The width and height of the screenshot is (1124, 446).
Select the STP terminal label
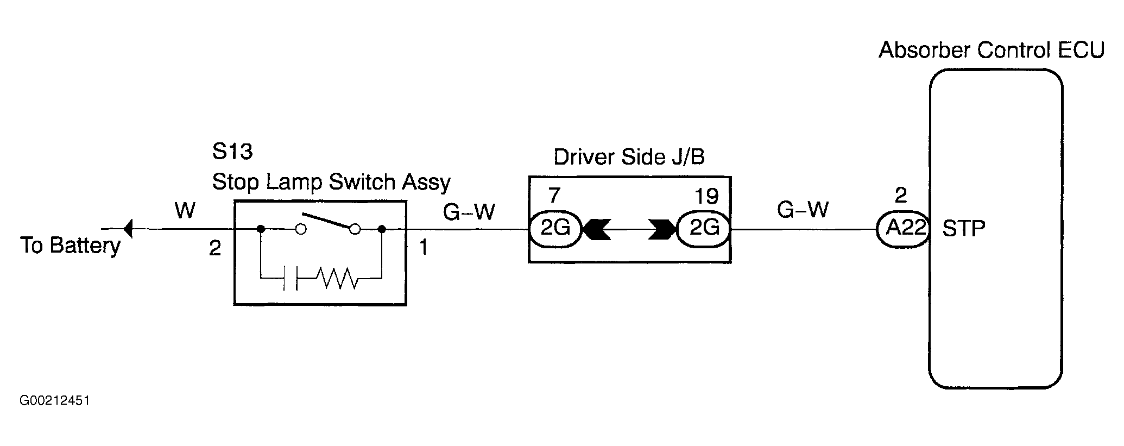point(964,229)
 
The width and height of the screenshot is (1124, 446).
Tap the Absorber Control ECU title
point(992,50)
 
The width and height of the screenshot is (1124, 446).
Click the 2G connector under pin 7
point(555,229)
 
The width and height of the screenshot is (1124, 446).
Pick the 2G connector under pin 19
point(704,229)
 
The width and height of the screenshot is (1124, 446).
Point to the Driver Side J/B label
point(629,157)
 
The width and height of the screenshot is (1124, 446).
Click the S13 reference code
point(232,152)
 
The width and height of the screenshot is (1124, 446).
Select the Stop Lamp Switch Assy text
point(331,183)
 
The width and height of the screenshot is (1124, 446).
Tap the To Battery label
point(71,246)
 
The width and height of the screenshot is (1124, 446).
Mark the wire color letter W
point(185,210)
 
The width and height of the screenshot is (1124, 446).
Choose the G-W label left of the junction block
point(469,211)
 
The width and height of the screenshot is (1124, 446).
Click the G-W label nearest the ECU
point(803,209)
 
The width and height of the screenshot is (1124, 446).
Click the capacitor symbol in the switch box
point(291,279)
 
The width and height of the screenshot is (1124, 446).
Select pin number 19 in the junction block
point(707,196)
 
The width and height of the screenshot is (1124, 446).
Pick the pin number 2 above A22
point(901,196)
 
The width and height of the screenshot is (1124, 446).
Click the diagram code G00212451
point(54,401)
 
